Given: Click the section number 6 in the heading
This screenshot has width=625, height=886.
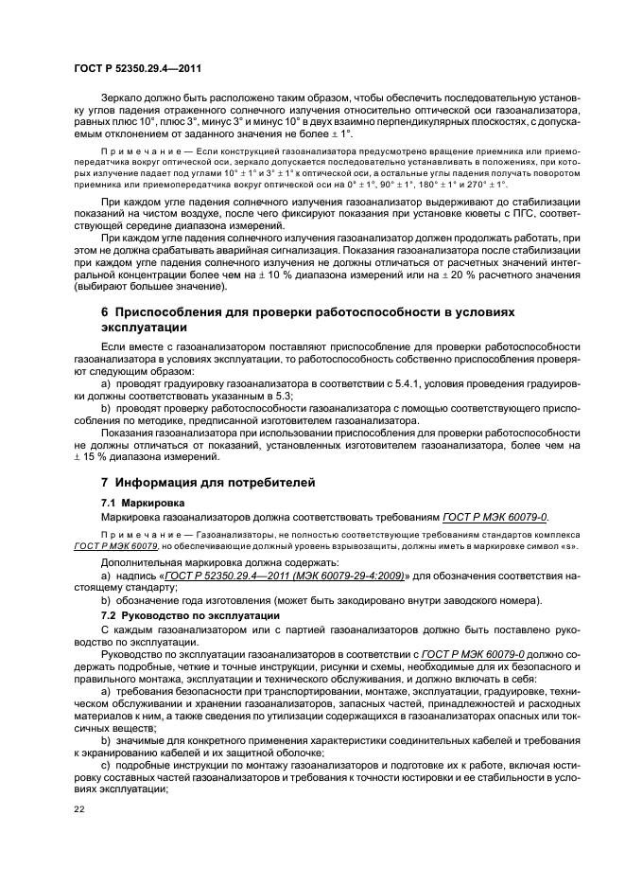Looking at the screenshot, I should pyautogui.click(x=105, y=312).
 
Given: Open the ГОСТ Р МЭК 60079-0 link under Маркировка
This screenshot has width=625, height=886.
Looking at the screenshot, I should pyautogui.click(x=495, y=517).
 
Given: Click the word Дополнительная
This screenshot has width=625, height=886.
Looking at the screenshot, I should pyautogui.click(x=142, y=562).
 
